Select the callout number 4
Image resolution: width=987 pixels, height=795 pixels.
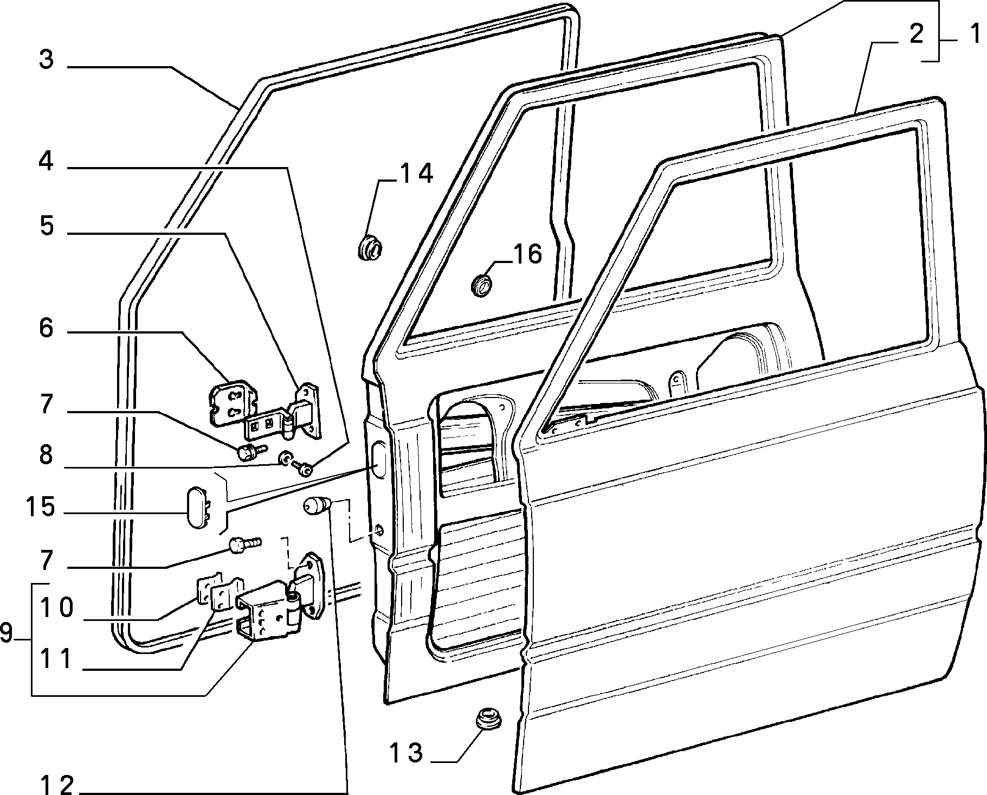tap(47, 161)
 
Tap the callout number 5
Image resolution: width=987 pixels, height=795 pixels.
tap(47, 225)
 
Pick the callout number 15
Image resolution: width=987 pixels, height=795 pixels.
tap(40, 507)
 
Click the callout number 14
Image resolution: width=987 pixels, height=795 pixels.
tap(416, 173)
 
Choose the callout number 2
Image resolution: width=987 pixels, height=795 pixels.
tap(915, 34)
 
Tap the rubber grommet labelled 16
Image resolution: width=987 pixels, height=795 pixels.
tap(481, 285)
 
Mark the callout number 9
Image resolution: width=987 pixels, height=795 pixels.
tap(7, 632)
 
